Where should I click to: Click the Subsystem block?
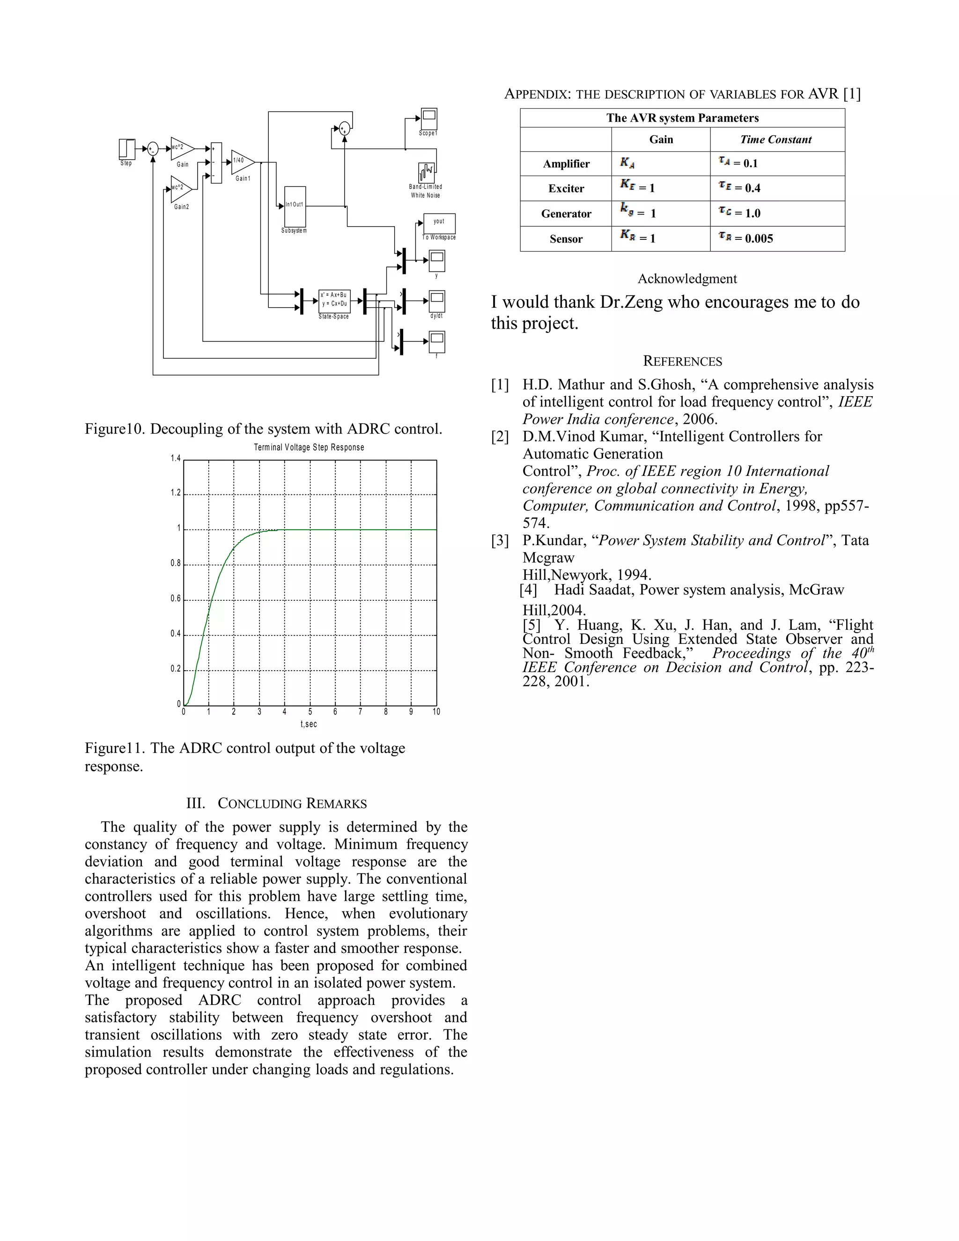click(x=295, y=206)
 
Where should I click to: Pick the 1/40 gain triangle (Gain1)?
click(x=242, y=162)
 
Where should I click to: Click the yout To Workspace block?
click(x=439, y=223)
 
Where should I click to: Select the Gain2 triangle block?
click(x=181, y=189)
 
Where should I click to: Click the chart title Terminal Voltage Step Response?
click(x=309, y=447)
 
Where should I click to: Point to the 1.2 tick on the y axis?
click(x=176, y=493)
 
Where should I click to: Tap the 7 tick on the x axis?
click(x=360, y=711)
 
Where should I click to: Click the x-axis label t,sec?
click(x=309, y=724)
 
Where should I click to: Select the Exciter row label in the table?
click(x=566, y=189)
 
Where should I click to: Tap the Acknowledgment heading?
click(x=687, y=279)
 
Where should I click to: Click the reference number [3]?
click(x=500, y=540)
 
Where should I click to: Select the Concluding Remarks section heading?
click(x=277, y=804)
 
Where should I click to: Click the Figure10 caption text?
click(x=263, y=429)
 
